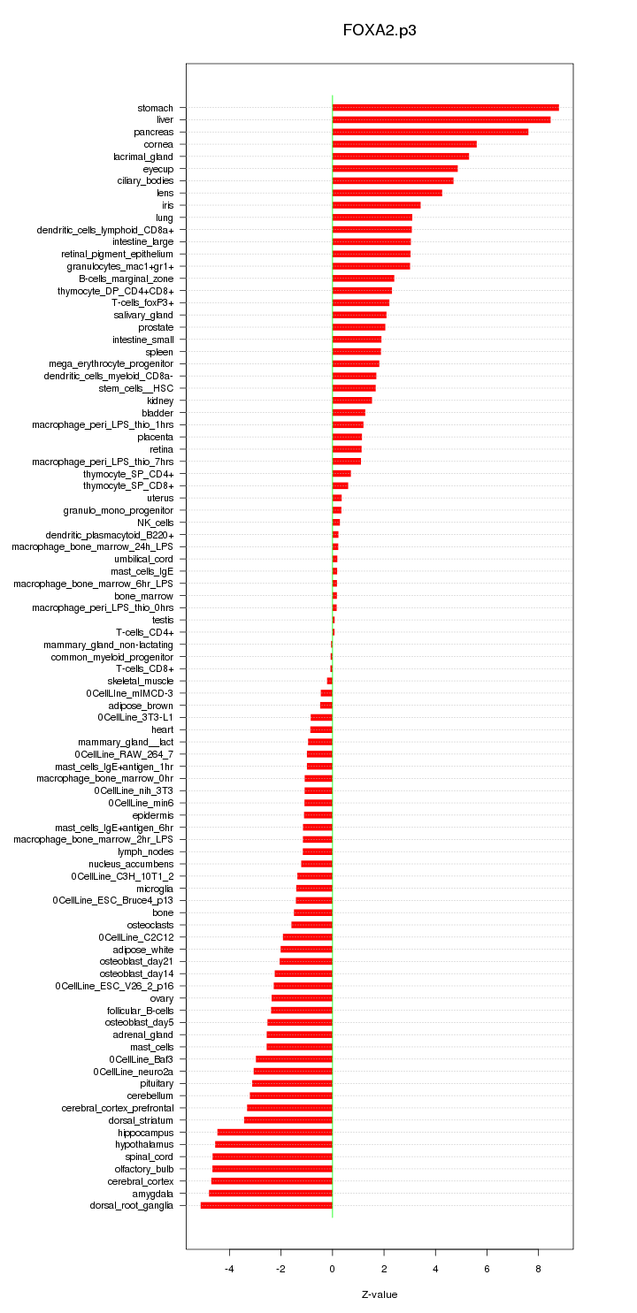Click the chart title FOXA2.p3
pyautogui.click(x=380, y=30)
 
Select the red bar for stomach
pyautogui.click(x=445, y=108)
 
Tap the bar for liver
pyautogui.click(x=441, y=119)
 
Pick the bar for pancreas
pyautogui.click(x=430, y=132)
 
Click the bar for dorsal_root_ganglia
pyautogui.click(x=266, y=1205)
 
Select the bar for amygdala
pyautogui.click(x=271, y=1193)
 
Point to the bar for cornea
pyautogui.click(x=404, y=144)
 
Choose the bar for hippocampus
pyautogui.click(x=274, y=1132)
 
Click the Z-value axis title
pyautogui.click(x=380, y=1294)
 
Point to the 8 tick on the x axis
pyautogui.click(x=538, y=1269)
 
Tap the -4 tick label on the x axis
pyautogui.click(x=228, y=1269)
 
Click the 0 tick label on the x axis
pyautogui.click(x=333, y=1269)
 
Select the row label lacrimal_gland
pyautogui.click(x=143, y=156)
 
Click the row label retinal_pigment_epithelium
pyautogui.click(x=111, y=254)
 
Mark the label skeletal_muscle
pyautogui.click(x=141, y=681)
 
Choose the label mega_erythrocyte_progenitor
pyautogui.click(x=111, y=363)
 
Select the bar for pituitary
pyautogui.click(x=292, y=1083)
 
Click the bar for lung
pyautogui.click(x=372, y=218)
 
